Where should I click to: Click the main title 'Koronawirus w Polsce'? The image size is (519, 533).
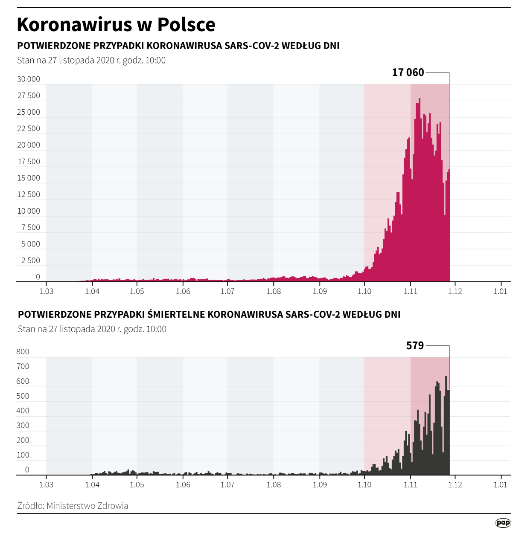pyautogui.click(x=116, y=25)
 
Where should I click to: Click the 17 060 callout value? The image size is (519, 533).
pyautogui.click(x=408, y=72)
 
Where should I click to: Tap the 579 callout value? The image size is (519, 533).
pyautogui.click(x=415, y=345)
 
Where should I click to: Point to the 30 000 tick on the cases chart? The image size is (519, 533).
pyautogui.click(x=29, y=79)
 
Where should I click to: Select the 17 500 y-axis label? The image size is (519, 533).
pyautogui.click(x=29, y=162)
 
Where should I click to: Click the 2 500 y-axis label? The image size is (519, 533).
pyautogui.click(x=30, y=261)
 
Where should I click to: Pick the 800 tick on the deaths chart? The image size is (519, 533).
pyautogui.click(x=23, y=352)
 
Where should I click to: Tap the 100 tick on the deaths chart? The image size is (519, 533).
pyautogui.click(x=23, y=455)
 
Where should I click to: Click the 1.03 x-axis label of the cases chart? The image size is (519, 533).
pyautogui.click(x=46, y=291)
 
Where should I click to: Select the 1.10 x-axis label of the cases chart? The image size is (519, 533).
pyautogui.click(x=364, y=291)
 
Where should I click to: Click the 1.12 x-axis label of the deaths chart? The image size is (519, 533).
pyautogui.click(x=455, y=485)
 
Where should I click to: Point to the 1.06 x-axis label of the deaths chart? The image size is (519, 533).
pyautogui.click(x=183, y=485)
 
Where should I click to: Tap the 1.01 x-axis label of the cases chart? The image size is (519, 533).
pyautogui.click(x=500, y=291)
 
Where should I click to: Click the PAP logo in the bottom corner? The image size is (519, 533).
pyautogui.click(x=503, y=523)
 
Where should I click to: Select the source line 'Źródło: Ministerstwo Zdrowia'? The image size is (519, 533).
pyautogui.click(x=73, y=506)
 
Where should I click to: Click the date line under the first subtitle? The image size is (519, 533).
pyautogui.click(x=91, y=60)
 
